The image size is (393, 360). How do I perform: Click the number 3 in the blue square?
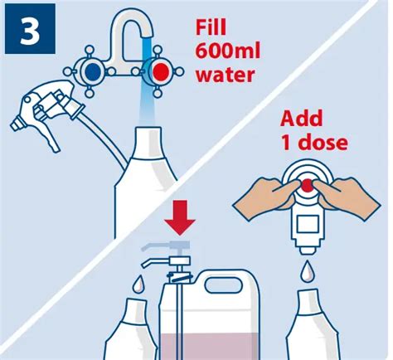(x=30, y=30)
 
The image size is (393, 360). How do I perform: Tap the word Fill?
(x=211, y=27)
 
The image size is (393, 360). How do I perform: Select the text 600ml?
(x=228, y=51)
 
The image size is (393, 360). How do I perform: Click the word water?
(x=226, y=75)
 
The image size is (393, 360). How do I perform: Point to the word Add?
(x=301, y=119)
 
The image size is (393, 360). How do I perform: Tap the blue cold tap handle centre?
(x=93, y=71)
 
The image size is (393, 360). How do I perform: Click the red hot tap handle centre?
(x=160, y=71)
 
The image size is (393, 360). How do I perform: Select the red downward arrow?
(x=180, y=218)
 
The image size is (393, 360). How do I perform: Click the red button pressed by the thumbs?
(x=307, y=185)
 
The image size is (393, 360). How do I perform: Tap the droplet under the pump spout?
(x=138, y=284)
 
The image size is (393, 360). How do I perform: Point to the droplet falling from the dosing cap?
(x=307, y=270)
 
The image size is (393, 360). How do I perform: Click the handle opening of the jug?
(x=223, y=285)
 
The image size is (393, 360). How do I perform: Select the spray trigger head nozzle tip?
(x=16, y=125)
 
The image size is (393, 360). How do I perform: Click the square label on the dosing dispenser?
(x=308, y=224)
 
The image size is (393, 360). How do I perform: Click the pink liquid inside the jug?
(x=210, y=347)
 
